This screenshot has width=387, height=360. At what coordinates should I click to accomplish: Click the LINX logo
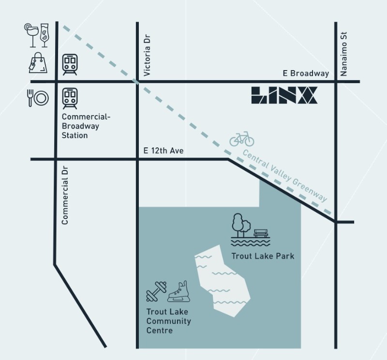[284, 95]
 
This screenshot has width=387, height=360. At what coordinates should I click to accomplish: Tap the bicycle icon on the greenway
[242, 139]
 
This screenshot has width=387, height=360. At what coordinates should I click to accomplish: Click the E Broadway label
[306, 73]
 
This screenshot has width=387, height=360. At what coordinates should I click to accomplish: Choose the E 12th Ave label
[164, 151]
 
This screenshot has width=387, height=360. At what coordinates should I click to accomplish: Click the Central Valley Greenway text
[284, 176]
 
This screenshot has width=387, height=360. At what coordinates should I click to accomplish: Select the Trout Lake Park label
[263, 256]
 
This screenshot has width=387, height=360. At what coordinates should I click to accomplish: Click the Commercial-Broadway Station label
[81, 126]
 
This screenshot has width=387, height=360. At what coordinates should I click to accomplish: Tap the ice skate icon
[179, 292]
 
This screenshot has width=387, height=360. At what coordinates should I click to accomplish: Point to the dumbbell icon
[156, 291]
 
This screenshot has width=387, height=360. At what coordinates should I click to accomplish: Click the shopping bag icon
[38, 63]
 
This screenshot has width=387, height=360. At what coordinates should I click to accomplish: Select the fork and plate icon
[38, 98]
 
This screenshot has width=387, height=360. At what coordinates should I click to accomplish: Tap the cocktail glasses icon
[37, 34]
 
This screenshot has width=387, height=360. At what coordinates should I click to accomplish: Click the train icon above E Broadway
[70, 64]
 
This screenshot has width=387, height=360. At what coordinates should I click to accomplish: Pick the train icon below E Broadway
[70, 98]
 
